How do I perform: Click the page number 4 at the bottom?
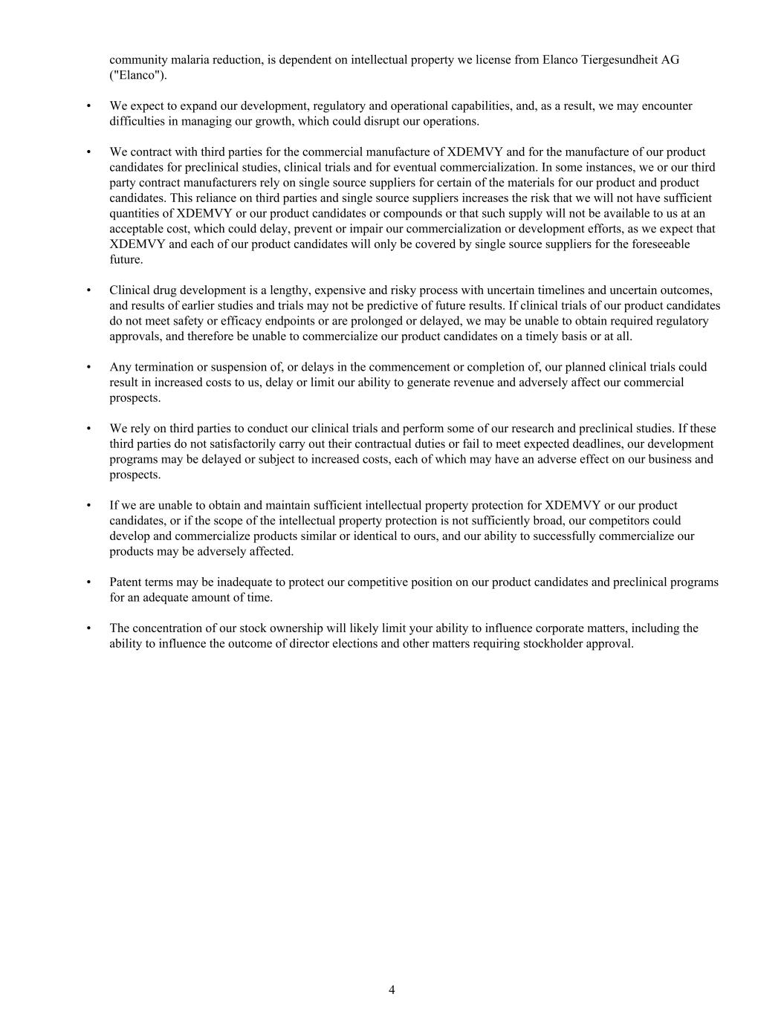pos(392,989)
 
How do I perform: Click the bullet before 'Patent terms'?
pos(89,582)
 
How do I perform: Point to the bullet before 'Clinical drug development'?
pos(89,290)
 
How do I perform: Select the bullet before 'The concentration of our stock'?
pos(89,628)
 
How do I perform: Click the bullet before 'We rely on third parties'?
pos(89,429)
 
